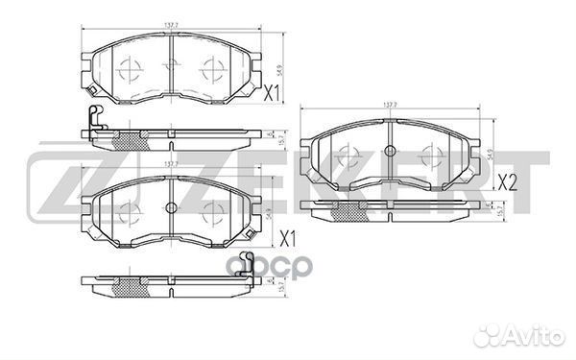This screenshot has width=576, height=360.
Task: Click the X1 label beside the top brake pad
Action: tap(271, 93)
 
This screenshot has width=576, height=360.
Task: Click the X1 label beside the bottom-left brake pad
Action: tap(285, 237)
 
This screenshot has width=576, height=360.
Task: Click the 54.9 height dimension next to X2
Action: tap(489, 153)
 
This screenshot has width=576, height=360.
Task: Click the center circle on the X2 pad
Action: tap(391, 151)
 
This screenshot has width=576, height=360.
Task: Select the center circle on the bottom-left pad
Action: tap(170, 208)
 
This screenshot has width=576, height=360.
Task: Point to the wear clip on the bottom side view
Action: tap(247, 262)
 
